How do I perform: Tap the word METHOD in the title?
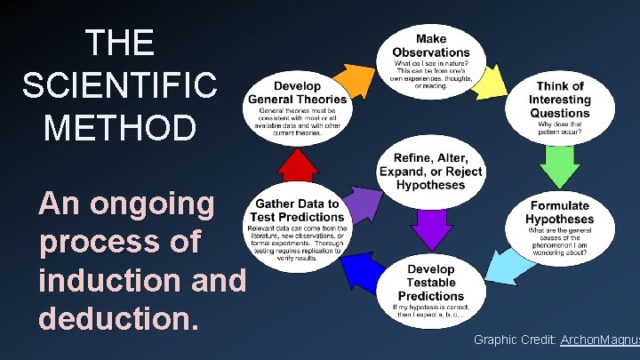[x=118, y=125]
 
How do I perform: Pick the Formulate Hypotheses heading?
[x=559, y=212]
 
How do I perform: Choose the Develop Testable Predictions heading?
[x=431, y=282]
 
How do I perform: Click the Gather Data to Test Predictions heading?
[x=298, y=210]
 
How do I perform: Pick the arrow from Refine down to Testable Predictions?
[x=431, y=226]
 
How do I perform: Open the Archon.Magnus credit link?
[x=600, y=340]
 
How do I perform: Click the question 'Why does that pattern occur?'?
[x=560, y=130]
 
